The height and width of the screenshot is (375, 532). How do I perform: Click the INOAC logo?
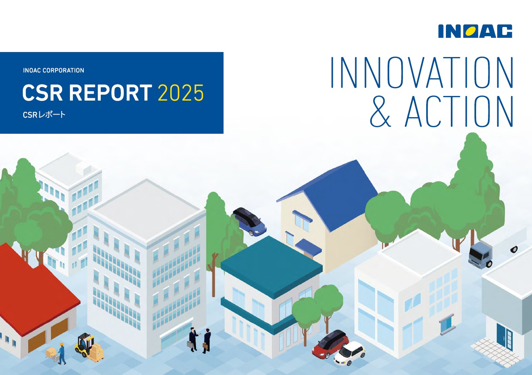[x=475, y=31]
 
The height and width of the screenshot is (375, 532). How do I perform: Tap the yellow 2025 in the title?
[x=181, y=93]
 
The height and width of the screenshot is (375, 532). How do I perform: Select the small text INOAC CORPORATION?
[x=53, y=71]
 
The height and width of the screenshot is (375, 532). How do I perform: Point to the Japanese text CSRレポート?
[x=44, y=115]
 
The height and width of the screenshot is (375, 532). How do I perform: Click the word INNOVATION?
[x=422, y=72]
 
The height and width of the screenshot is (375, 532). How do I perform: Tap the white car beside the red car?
[x=349, y=353]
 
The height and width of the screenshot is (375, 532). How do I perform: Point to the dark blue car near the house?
[x=250, y=221]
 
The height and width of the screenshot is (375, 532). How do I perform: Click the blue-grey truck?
[x=480, y=254]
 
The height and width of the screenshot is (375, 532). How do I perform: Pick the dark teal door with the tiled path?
[x=503, y=336]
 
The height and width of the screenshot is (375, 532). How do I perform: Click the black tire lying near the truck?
[x=514, y=249]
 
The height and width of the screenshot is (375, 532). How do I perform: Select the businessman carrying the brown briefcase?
[x=207, y=341]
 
